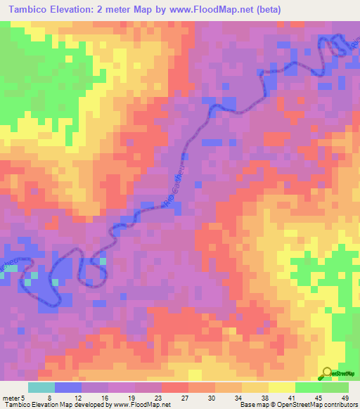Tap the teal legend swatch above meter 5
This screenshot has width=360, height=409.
coord(41,387)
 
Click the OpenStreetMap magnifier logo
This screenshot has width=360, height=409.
coord(328,373)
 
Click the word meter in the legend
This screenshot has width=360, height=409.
coord(10,397)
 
